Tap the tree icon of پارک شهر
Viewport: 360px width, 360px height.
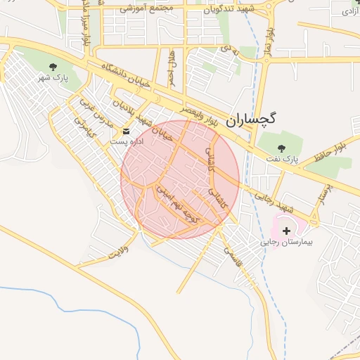(x=53, y=67)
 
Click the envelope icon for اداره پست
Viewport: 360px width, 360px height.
(x=126, y=131)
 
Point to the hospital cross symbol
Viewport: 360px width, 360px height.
(x=286, y=230)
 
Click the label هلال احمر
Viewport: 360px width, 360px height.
(x=171, y=68)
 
